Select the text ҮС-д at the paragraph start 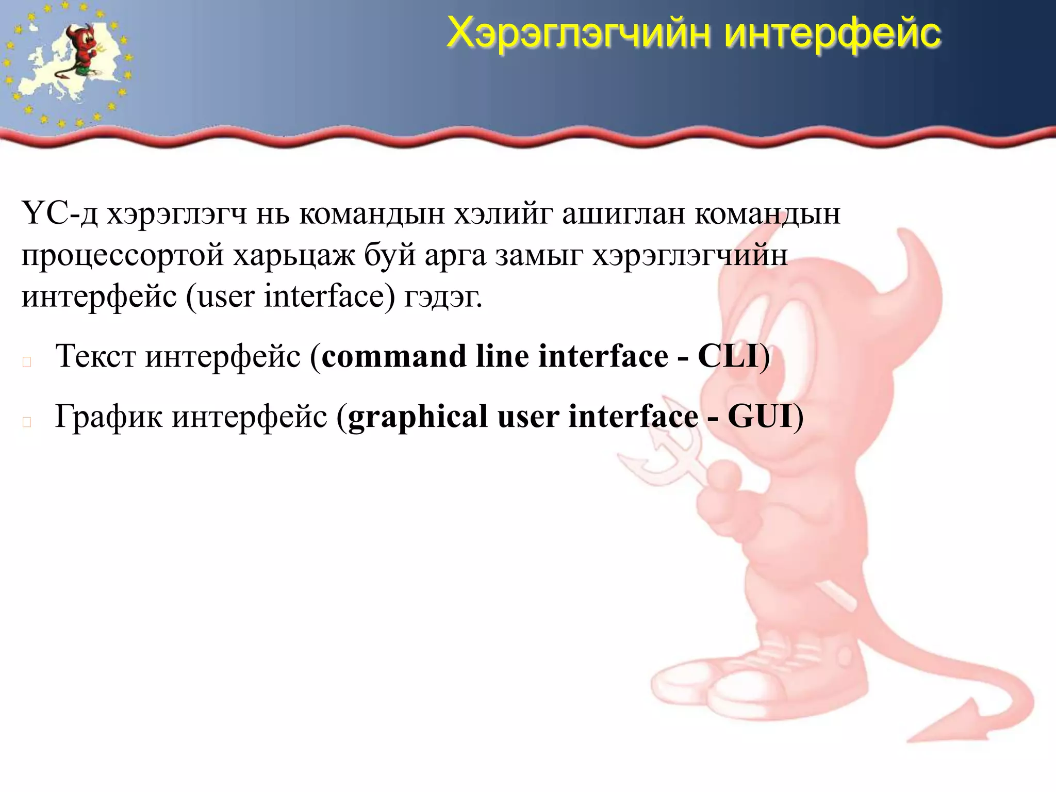pyautogui.click(x=59, y=213)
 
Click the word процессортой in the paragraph pyautogui.click(x=122, y=255)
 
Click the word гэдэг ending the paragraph pyautogui.click(x=443, y=297)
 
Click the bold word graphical pyautogui.click(x=418, y=417)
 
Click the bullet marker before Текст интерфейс pyautogui.click(x=27, y=362)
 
